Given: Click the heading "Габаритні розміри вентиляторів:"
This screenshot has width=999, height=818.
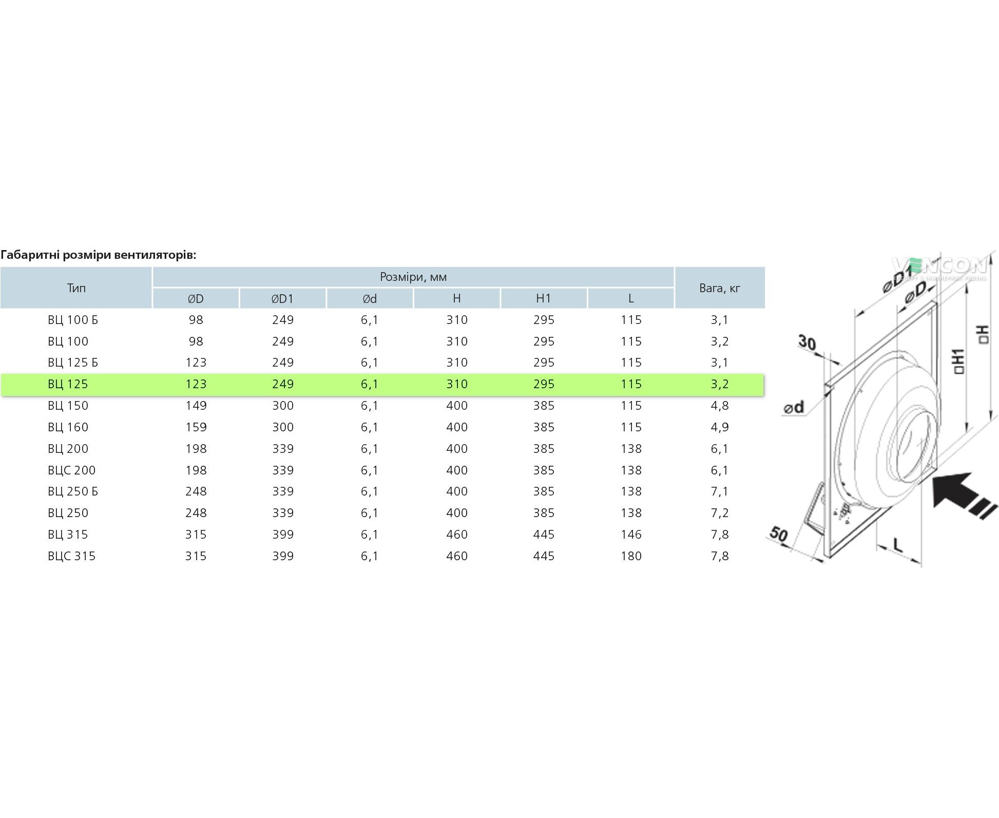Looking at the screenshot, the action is [99, 255].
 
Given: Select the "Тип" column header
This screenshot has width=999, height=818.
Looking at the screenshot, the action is [76, 288].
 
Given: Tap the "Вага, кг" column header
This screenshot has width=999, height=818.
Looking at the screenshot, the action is [720, 288].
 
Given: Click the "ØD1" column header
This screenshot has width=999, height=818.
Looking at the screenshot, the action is [282, 298].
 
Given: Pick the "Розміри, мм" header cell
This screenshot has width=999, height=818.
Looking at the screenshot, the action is [413, 277].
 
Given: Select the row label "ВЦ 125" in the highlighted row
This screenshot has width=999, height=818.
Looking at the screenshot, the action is [68, 384].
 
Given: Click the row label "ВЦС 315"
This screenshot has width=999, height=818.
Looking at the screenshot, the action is [71, 556].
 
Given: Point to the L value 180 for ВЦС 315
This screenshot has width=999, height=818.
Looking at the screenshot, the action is [631, 556].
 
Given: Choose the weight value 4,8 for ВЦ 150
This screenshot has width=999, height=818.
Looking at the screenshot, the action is [720, 406].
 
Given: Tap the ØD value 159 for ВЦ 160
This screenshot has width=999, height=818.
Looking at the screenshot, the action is [196, 427].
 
